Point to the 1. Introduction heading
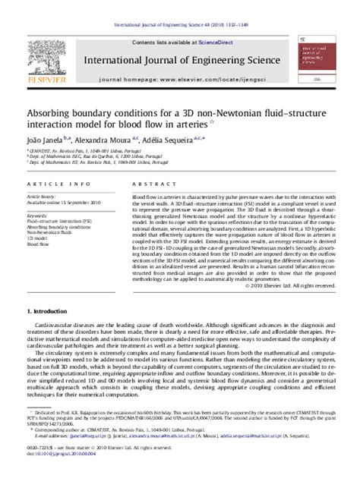(49, 333)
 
